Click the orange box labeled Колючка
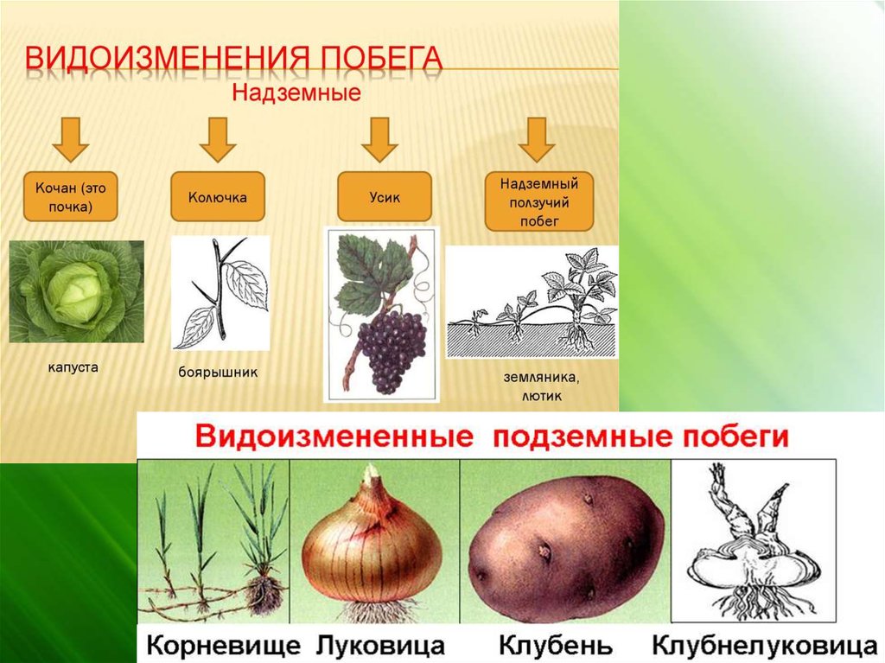point(217,196)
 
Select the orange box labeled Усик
point(385,196)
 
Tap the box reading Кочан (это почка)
point(71,196)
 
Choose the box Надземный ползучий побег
point(539,201)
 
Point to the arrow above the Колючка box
point(217,139)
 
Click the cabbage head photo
point(77,291)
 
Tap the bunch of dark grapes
point(392,350)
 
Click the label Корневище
point(224,645)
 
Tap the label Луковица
point(380,645)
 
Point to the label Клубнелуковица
point(765,645)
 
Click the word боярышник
point(218,373)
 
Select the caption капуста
point(73,367)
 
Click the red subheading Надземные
point(296,92)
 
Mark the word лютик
point(541,396)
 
